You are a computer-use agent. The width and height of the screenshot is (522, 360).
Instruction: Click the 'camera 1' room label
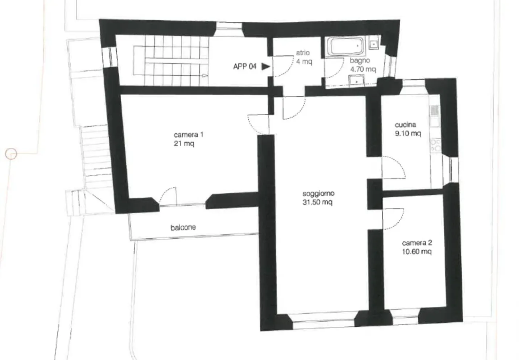tap(188, 135)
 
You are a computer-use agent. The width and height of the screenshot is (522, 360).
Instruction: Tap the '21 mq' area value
tap(184, 144)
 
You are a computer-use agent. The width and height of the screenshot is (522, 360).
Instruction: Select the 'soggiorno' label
tap(318, 193)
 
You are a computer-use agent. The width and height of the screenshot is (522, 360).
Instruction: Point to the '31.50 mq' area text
tap(317, 202)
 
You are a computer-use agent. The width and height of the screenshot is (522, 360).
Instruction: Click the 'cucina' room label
tap(405, 125)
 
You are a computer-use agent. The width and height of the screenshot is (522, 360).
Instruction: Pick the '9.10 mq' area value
tap(408, 134)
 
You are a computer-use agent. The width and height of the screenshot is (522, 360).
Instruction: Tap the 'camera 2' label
tap(417, 243)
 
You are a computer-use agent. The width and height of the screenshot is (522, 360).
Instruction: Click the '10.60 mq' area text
tap(417, 252)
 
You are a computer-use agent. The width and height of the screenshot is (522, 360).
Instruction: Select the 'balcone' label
tap(183, 227)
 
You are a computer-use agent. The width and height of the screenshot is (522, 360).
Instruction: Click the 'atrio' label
tap(303, 53)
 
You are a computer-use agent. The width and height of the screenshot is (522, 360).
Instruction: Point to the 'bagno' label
tap(360, 60)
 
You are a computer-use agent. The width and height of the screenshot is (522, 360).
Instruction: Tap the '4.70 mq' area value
tap(362, 69)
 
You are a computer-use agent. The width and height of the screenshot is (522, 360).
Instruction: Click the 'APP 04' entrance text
tap(245, 66)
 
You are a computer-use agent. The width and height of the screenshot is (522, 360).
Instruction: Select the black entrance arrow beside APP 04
tap(266, 66)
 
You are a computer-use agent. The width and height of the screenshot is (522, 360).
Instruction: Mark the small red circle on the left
tap(11, 154)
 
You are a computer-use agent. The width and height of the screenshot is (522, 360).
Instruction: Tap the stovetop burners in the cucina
tap(435, 145)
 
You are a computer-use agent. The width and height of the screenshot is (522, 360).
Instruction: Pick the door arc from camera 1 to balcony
tap(168, 196)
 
